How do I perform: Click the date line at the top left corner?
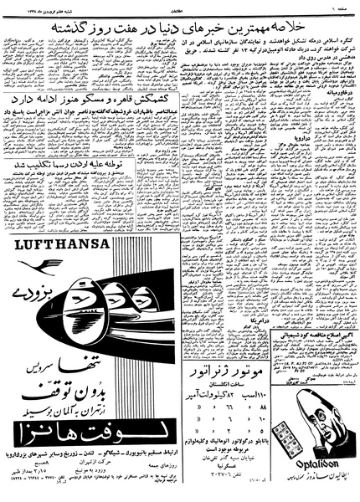pyautogui.click(x=34, y=6)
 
